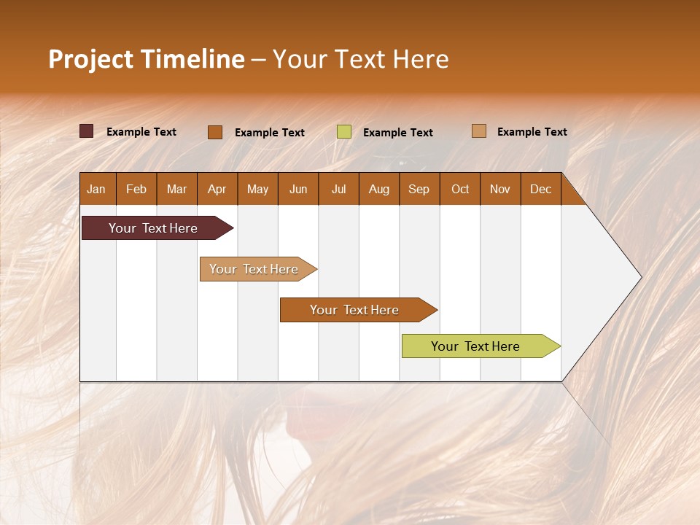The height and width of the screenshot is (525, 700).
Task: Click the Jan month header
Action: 96,189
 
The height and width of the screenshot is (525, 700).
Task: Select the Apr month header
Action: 217,189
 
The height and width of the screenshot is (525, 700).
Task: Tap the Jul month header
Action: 338,189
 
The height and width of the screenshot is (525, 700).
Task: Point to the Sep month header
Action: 419,189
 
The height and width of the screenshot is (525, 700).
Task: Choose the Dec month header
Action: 540,189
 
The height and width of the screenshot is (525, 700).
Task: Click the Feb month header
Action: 136,189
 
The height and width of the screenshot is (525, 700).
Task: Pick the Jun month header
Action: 298,189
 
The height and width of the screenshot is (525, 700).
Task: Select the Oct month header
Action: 460,189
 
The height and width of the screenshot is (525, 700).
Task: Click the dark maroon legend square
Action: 86,131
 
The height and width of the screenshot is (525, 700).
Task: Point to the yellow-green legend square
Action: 344,132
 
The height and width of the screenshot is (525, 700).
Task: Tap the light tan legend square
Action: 479,131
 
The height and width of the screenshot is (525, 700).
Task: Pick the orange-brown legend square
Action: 215,132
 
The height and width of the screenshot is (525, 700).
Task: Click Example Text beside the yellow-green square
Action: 397,133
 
